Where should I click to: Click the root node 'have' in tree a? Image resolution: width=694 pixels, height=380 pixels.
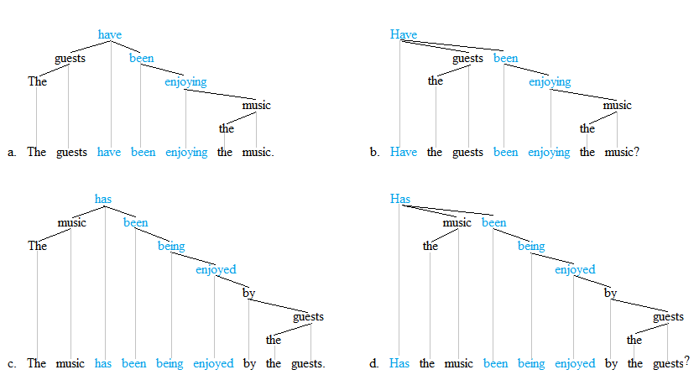[110, 34]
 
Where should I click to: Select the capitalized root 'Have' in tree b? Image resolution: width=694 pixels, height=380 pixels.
[404, 34]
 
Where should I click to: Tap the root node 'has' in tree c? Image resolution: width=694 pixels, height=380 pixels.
[103, 199]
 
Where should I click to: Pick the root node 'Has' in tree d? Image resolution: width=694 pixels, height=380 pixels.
[400, 199]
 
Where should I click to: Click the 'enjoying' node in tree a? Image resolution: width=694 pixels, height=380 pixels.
[185, 81]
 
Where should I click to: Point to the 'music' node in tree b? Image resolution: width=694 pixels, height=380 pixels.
[618, 105]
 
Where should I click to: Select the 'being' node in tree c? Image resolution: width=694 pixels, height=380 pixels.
[171, 246]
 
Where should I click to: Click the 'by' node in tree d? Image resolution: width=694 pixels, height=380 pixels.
[611, 293]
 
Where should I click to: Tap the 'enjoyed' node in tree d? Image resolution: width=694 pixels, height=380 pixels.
[575, 269]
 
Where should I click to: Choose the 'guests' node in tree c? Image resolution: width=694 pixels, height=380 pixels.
[308, 316]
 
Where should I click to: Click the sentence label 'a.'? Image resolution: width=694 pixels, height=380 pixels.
[12, 153]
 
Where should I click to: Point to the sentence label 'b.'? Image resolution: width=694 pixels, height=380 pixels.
[374, 153]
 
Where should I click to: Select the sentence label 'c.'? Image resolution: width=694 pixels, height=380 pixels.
[12, 364]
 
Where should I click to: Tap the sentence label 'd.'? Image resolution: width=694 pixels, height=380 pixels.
[374, 364]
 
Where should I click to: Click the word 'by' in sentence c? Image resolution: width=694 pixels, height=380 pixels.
[249, 364]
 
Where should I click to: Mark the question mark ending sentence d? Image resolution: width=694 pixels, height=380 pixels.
[686, 362]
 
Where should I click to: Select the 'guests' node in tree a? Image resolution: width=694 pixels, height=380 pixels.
[70, 58]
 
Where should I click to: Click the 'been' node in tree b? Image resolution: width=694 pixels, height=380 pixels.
[506, 58]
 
